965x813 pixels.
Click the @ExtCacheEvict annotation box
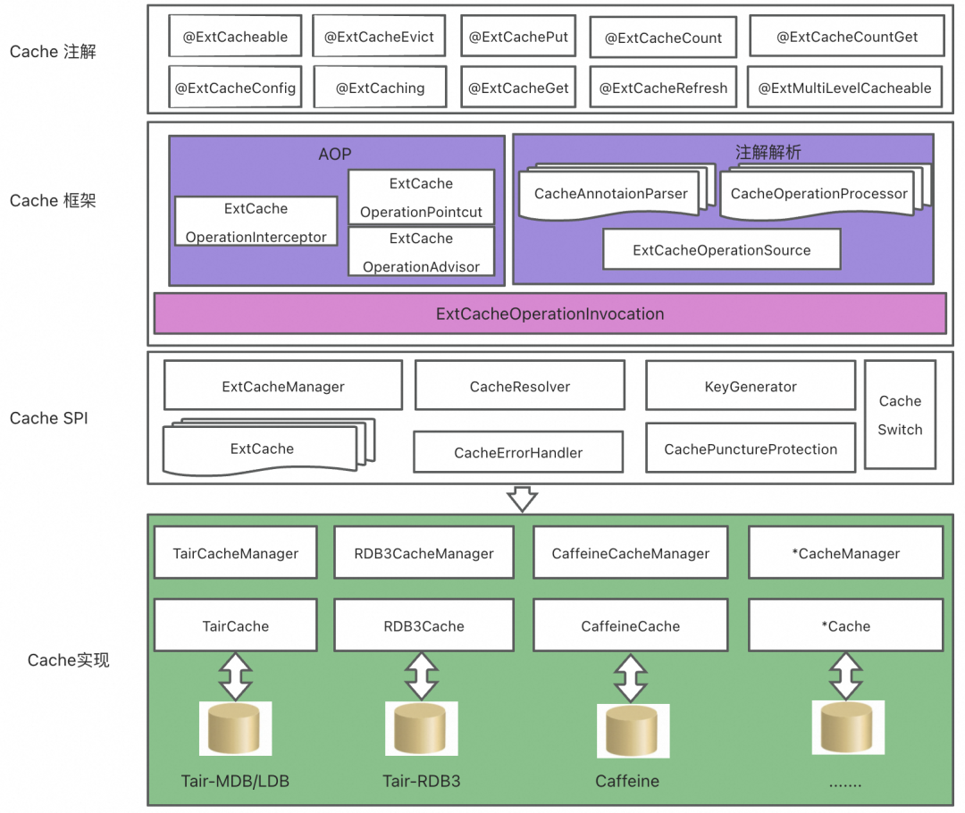tap(379, 37)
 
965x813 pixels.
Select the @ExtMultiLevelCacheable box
tap(844, 88)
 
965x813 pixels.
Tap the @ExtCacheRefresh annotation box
tap(663, 88)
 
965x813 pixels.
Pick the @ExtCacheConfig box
tap(235, 88)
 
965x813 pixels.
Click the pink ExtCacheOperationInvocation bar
tap(550, 314)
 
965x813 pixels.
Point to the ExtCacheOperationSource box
tap(721, 250)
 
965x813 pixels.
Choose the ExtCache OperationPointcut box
tap(421, 197)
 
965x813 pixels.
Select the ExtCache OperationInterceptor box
tap(256, 222)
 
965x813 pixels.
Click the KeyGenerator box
tap(751, 387)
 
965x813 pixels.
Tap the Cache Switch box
tap(900, 415)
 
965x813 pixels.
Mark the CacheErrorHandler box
tap(517, 453)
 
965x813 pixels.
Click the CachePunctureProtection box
tap(751, 449)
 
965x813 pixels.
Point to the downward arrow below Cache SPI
tap(522, 499)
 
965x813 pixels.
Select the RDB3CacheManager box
tap(424, 553)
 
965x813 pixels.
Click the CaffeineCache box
tap(630, 626)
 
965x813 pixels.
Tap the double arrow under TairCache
tap(236, 675)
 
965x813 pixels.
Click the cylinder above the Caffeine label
tap(631, 731)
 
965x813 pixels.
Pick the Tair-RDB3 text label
tap(422, 781)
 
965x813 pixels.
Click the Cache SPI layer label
tap(49, 417)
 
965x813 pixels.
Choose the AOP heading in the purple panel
tap(335, 155)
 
